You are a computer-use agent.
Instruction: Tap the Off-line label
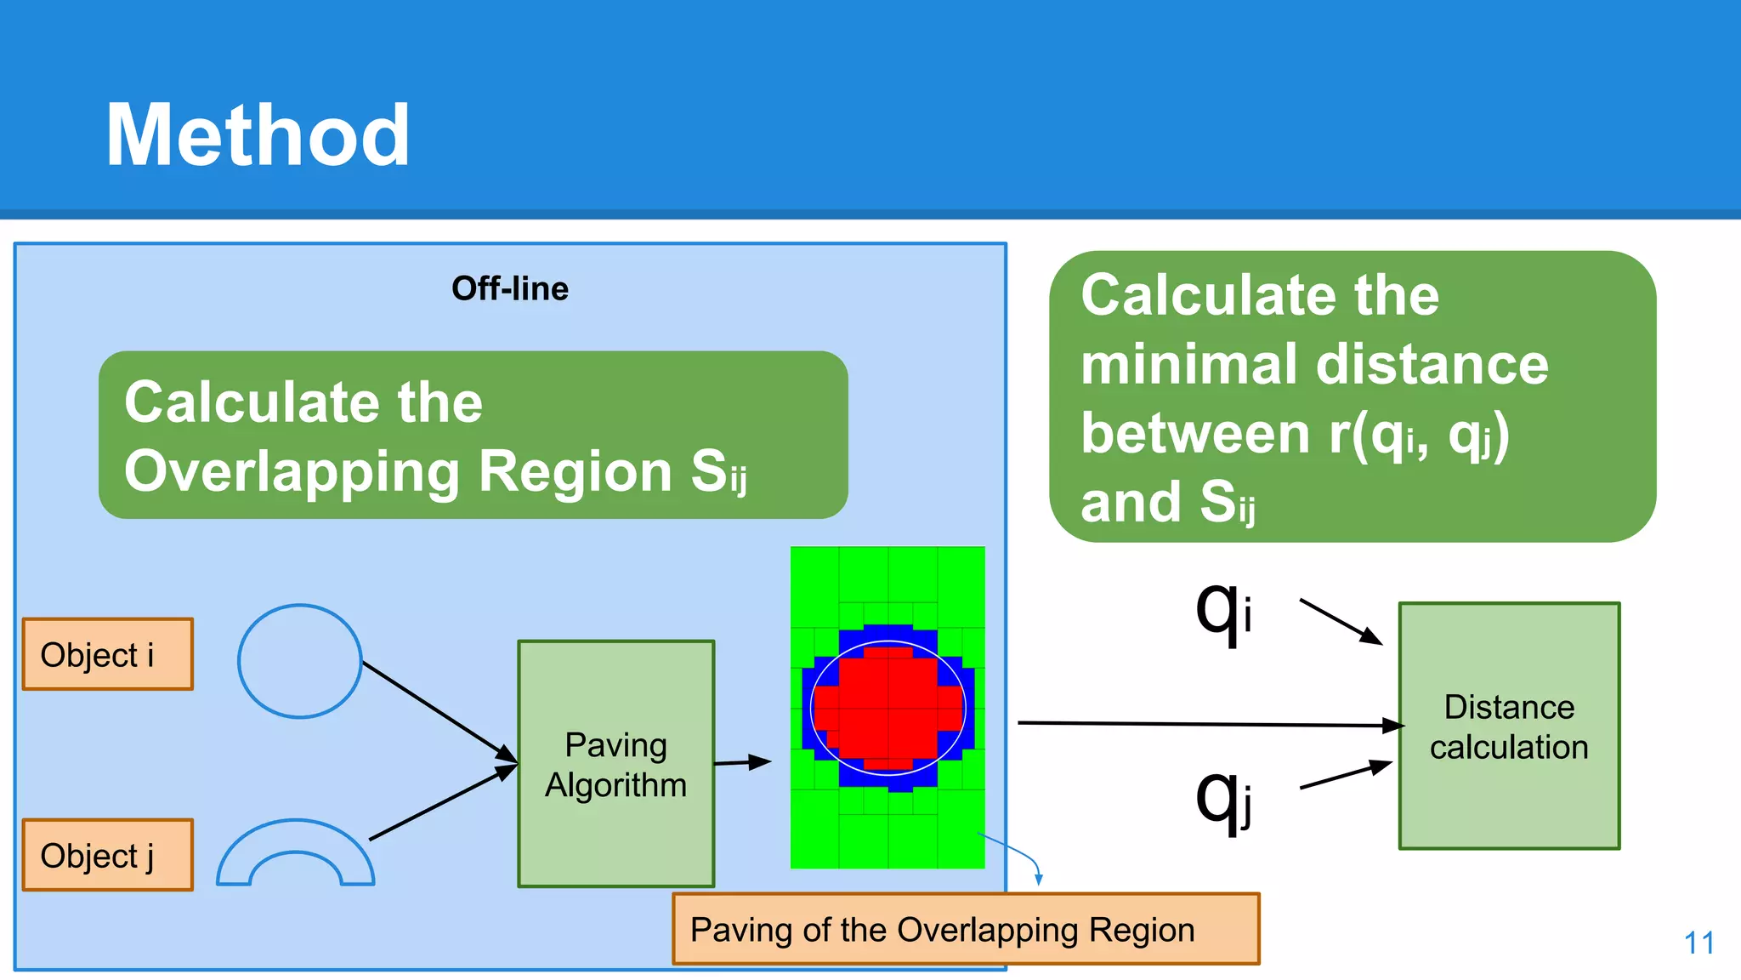tap(509, 288)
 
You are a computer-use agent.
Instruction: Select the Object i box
tap(108, 654)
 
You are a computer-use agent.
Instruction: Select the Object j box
tap(108, 855)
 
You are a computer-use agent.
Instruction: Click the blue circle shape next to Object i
tap(300, 661)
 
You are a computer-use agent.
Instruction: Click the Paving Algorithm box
tap(615, 764)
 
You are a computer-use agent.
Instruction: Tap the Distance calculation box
tap(1509, 726)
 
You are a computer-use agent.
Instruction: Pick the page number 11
tap(1698, 943)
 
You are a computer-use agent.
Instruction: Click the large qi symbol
tap(1222, 612)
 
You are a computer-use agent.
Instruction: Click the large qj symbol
tap(1222, 800)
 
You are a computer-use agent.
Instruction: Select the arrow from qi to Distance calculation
tap(1340, 621)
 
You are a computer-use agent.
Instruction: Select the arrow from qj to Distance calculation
tap(1345, 776)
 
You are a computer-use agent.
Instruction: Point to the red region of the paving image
tap(888, 706)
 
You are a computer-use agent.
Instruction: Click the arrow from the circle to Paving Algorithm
tap(439, 710)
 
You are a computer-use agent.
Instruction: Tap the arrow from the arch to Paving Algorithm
tap(442, 803)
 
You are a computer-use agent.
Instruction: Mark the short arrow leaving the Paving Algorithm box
tap(741, 763)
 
